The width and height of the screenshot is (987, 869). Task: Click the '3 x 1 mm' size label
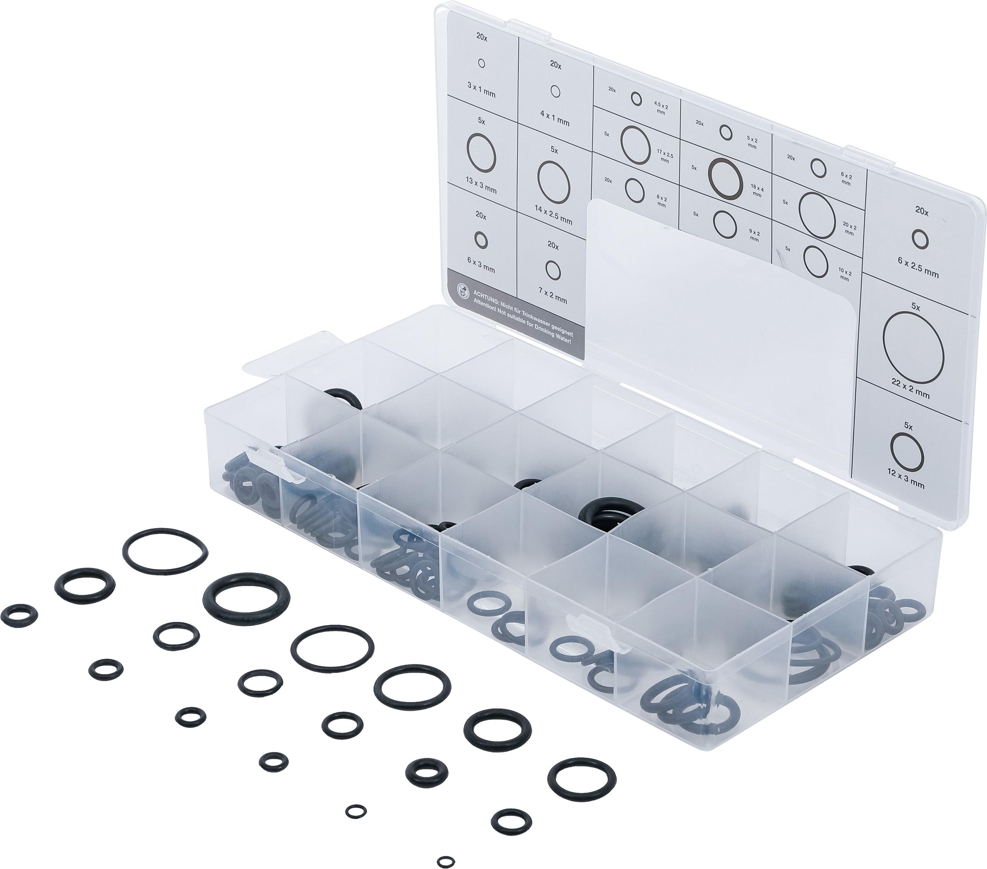click(x=481, y=90)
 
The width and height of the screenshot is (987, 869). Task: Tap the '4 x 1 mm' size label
click(x=554, y=118)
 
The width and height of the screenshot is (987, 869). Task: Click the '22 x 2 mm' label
click(x=910, y=390)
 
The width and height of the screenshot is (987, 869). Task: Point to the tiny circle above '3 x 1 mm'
click(x=481, y=63)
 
